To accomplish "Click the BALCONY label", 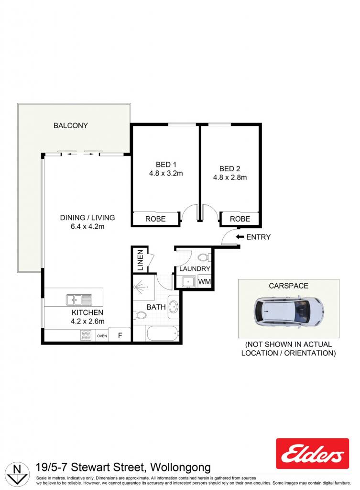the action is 71,126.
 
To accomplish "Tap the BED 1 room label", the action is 166,165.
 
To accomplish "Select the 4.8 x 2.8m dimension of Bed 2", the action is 230,178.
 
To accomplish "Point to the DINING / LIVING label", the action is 87,218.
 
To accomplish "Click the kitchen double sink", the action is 79,300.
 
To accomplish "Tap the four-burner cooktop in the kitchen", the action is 86,335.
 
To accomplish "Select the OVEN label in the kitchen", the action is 102,336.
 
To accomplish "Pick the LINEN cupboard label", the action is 140,260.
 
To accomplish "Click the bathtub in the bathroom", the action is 163,334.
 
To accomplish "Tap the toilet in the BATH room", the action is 140,315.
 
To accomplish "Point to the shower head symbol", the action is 140,286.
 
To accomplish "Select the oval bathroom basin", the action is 174,307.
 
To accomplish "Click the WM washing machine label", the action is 205,281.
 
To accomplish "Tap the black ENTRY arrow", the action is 240,237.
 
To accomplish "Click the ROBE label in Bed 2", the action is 240,219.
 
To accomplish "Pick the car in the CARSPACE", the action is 288,312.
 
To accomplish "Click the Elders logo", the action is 312,454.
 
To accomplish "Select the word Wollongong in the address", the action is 180,468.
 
